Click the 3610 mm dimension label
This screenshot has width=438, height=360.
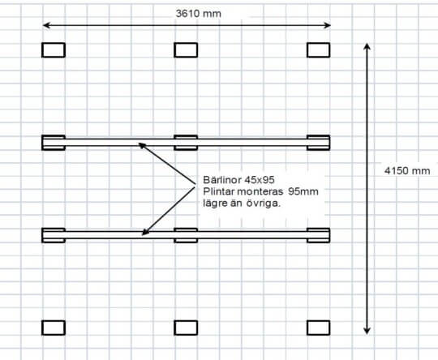click(x=199, y=14)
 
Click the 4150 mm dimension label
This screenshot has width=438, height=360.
click(x=407, y=170)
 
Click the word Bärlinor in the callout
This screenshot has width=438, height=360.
click(x=222, y=180)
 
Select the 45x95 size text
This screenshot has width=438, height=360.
click(x=260, y=180)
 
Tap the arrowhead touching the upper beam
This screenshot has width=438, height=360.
click(x=142, y=145)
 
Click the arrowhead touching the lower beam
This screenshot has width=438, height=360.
click(x=145, y=232)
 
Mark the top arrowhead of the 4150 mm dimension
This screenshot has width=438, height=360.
click(x=367, y=46)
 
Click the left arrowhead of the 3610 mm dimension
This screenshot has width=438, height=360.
click(x=46, y=25)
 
